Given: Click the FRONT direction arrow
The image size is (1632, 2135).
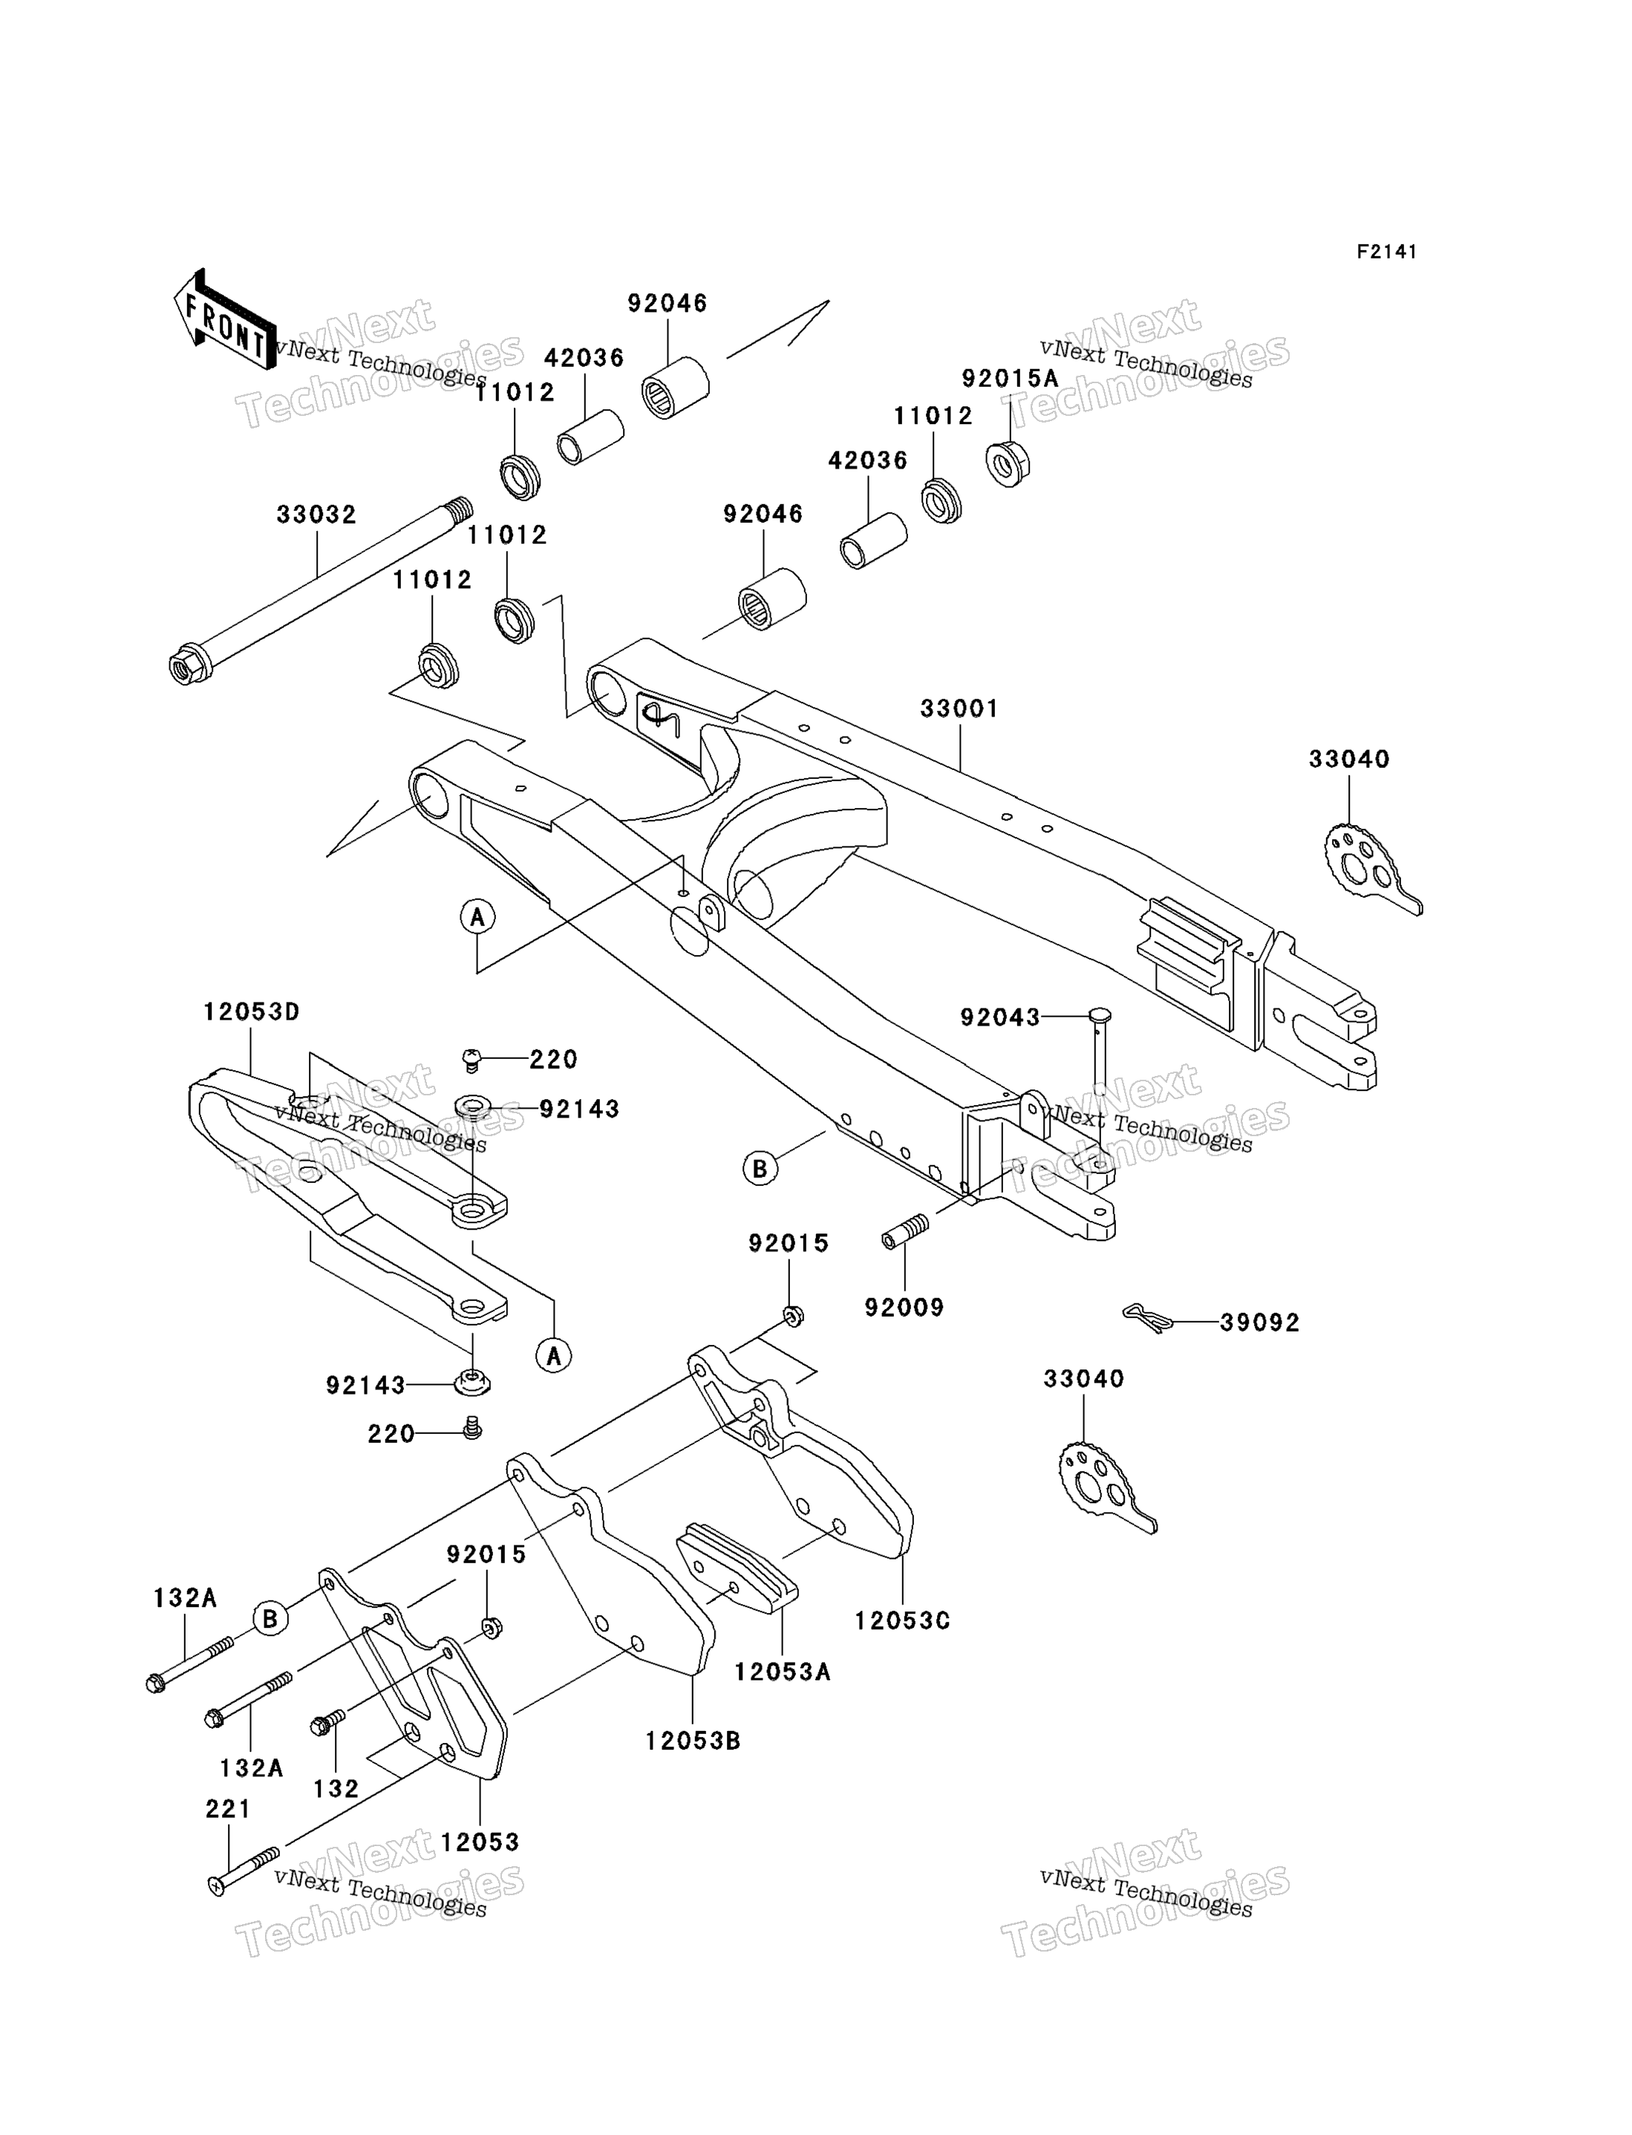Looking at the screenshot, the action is pos(224,321).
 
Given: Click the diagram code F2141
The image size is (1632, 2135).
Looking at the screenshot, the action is pos(1386,252).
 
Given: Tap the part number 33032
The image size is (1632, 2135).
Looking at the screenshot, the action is pos(317,515).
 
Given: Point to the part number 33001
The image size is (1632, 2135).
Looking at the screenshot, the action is pos(960,709).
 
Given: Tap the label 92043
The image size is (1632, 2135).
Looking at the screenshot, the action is pos(999,1017).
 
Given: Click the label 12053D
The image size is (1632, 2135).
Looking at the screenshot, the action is pos(252,1012).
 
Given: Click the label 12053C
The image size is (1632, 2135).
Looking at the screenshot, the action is pos(902,1620).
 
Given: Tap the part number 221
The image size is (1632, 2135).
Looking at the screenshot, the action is pos(228,1809).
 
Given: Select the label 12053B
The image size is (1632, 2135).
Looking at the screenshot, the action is pos(693,1741).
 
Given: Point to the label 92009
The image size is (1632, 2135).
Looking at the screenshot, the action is pos(905,1308).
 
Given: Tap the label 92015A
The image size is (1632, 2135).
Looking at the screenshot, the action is pos(1011,379).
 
